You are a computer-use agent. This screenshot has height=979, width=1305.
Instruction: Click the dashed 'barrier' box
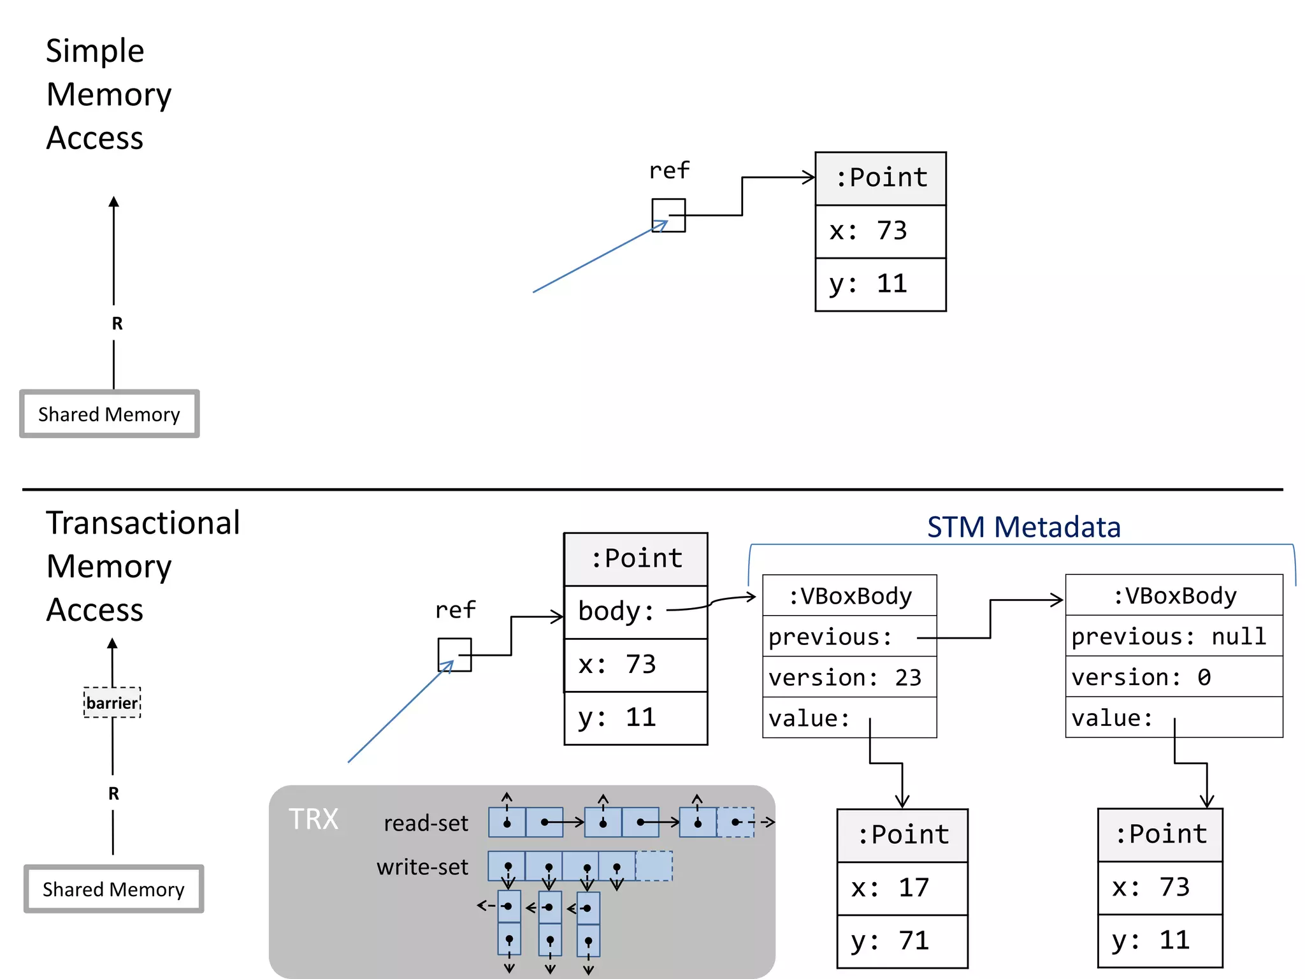click(x=112, y=702)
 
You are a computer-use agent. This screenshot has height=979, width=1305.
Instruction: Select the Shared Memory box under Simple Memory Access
click(x=110, y=414)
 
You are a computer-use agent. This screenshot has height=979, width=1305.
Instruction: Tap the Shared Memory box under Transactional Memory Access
click(x=114, y=889)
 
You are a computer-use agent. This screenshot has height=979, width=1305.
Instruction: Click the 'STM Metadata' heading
click(x=1023, y=527)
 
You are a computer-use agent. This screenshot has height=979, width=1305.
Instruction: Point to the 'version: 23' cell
click(x=849, y=677)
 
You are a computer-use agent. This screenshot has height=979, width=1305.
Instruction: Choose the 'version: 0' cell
click(x=1174, y=677)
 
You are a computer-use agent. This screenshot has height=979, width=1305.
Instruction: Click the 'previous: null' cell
click(x=1174, y=636)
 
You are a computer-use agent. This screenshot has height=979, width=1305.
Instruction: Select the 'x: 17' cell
click(x=902, y=888)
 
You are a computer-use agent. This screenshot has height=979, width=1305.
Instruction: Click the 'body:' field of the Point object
click(x=635, y=612)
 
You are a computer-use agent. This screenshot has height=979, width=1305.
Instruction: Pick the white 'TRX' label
click(x=313, y=819)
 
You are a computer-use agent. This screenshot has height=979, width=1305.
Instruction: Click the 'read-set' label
click(x=426, y=823)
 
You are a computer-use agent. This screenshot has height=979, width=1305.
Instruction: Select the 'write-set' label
click(x=422, y=867)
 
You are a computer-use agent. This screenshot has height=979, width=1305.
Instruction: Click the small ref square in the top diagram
click(x=668, y=215)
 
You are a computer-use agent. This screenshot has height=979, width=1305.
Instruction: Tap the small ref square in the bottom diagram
click(x=454, y=655)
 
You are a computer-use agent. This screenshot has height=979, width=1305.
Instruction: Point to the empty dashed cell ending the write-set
click(x=654, y=866)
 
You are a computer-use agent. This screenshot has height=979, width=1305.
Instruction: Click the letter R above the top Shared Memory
click(x=117, y=324)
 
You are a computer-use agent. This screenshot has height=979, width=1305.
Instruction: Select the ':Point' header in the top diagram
click(x=881, y=178)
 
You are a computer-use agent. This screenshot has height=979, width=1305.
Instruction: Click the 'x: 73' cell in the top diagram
click(x=881, y=231)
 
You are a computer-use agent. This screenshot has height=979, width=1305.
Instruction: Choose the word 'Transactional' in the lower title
click(x=143, y=523)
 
